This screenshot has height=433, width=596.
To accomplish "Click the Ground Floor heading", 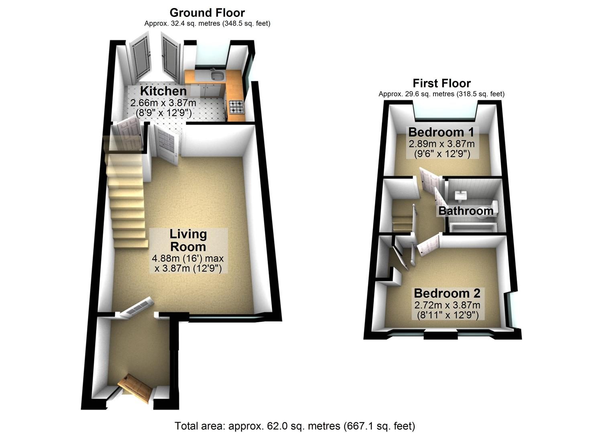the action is (207, 13).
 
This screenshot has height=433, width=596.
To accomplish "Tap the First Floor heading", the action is (441, 83).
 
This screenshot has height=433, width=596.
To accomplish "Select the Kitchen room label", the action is (163, 91).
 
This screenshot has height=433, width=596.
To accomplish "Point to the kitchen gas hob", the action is (236, 107).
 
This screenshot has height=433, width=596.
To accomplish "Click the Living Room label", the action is (188, 240).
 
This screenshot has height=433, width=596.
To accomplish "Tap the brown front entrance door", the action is (135, 388).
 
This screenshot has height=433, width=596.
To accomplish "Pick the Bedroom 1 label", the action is (441, 132).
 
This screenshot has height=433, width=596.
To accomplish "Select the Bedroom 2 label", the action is (447, 293).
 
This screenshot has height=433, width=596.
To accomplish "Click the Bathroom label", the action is (466, 211).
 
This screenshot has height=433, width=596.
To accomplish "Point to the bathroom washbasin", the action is (460, 195).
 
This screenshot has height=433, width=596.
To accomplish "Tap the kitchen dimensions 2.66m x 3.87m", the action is (163, 103).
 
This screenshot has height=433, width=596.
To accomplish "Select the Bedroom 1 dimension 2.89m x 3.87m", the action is (441, 144).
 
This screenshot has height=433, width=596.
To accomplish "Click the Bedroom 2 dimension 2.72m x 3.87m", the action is (447, 305).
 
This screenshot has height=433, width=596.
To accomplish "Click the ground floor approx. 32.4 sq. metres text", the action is (207, 23).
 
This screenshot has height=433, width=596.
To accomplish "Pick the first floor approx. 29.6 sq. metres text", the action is (441, 94).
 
